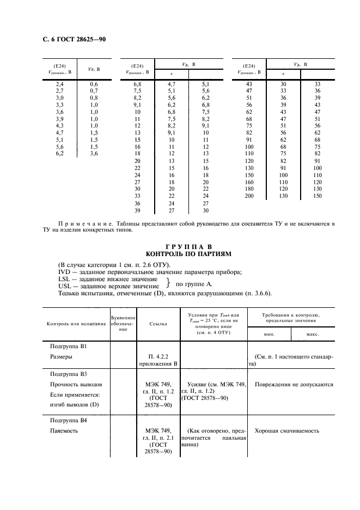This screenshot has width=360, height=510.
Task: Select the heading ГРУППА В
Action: point(180,246)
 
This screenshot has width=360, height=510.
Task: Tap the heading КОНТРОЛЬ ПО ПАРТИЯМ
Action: point(180,254)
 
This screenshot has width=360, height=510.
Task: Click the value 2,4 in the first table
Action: point(60,84)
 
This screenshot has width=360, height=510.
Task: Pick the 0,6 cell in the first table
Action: point(94,84)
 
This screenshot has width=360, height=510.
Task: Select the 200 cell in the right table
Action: point(249,196)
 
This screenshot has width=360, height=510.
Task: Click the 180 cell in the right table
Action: point(249,189)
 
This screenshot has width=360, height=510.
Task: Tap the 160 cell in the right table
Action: point(249,183)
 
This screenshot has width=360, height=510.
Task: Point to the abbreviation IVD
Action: point(65,272)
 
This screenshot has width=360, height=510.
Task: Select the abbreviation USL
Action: point(65,286)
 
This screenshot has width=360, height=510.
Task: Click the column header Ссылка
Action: point(158,324)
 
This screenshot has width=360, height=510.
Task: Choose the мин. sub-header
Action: point(269,334)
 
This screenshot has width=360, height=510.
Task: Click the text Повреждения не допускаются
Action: point(294,385)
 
